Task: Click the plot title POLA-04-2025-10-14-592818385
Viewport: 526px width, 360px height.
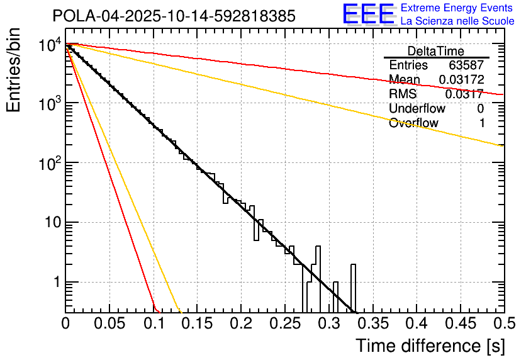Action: (173, 16)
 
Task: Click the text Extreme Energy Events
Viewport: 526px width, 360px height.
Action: (456, 8)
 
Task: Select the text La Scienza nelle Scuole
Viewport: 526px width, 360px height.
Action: (457, 21)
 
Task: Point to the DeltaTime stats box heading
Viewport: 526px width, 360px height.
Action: (436, 51)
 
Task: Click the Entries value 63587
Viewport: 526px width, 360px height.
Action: (466, 65)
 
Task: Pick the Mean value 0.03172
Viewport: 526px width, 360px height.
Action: (461, 79)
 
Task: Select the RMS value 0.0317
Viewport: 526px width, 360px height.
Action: (464, 94)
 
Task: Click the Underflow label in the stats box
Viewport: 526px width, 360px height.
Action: (417, 108)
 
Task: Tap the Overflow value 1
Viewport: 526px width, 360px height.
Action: (481, 123)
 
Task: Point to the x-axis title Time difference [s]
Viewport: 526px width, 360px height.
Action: (430, 346)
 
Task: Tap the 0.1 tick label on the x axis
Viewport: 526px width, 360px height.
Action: (153, 323)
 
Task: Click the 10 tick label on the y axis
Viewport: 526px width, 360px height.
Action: (47, 223)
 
